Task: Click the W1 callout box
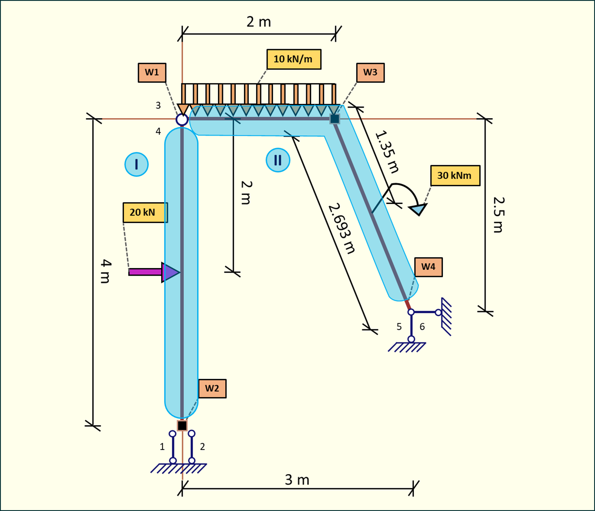(x=152, y=73)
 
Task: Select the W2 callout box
(x=212, y=388)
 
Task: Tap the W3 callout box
(x=370, y=73)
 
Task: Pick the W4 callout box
(x=428, y=267)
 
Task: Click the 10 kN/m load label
(x=293, y=59)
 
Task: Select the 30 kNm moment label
(x=455, y=175)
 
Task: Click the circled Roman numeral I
(x=136, y=164)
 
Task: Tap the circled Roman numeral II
(x=278, y=160)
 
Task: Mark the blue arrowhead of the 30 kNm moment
(x=418, y=209)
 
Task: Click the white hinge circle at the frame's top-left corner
(x=182, y=119)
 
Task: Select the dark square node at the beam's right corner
(x=335, y=119)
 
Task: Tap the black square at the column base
(x=182, y=426)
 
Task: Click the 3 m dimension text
(x=297, y=480)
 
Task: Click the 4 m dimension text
(x=105, y=271)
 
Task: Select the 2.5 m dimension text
(x=498, y=214)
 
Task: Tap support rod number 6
(x=425, y=313)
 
